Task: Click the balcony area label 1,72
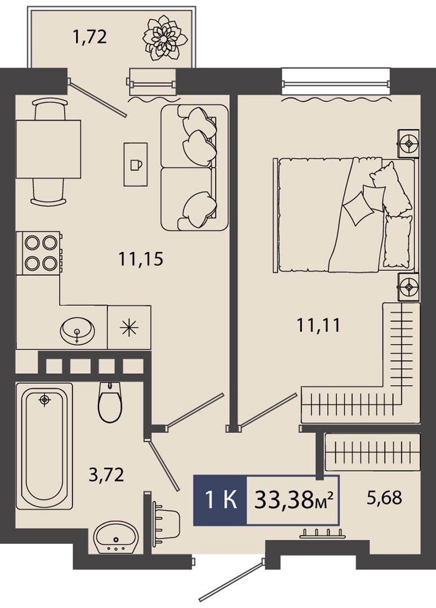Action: [x=89, y=38]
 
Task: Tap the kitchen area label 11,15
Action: [x=141, y=258]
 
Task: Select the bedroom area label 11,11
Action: [x=318, y=325]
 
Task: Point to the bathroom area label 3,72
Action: [x=106, y=475]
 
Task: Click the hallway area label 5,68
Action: [x=384, y=498]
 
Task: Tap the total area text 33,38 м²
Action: [x=294, y=500]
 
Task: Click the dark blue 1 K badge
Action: [x=220, y=500]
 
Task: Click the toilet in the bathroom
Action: [x=110, y=402]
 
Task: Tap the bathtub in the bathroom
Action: [x=45, y=446]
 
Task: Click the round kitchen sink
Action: [x=77, y=332]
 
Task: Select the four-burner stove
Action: [x=39, y=253]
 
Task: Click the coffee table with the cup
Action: [x=136, y=164]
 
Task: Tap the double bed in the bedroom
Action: [x=345, y=215]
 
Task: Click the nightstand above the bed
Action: [x=408, y=144]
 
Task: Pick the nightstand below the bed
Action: [x=408, y=287]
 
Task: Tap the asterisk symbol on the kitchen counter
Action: [x=129, y=328]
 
